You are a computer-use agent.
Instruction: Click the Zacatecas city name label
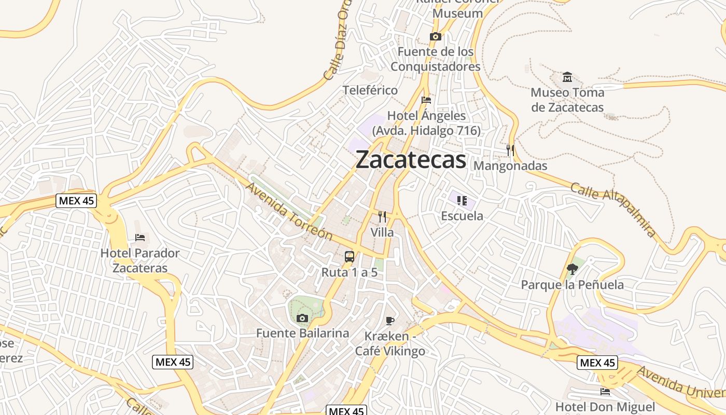pyautogui.click(x=411, y=160)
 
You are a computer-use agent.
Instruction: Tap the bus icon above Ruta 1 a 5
pyautogui.click(x=350, y=256)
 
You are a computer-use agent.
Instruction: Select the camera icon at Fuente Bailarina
pyautogui.click(x=302, y=318)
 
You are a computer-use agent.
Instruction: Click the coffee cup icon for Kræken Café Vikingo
pyautogui.click(x=390, y=321)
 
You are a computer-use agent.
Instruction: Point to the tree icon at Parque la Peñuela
pyautogui.click(x=573, y=269)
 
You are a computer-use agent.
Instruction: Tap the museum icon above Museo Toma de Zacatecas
pyautogui.click(x=567, y=77)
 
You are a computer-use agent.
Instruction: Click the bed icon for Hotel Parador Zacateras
pyautogui.click(x=140, y=238)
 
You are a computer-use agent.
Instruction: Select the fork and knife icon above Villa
pyautogui.click(x=382, y=217)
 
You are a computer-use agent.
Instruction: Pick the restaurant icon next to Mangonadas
pyautogui.click(x=510, y=150)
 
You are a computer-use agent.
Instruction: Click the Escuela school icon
pyautogui.click(x=462, y=200)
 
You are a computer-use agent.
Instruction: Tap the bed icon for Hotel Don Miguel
pyautogui.click(x=605, y=391)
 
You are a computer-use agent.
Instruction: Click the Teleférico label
pyautogui.click(x=370, y=90)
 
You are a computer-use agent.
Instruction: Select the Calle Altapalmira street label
pyautogui.click(x=613, y=209)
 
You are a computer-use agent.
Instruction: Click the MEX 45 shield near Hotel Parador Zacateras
pyautogui.click(x=76, y=201)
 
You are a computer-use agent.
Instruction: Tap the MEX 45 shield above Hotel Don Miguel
pyautogui.click(x=597, y=363)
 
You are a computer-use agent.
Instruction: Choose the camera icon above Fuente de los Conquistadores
pyautogui.click(x=436, y=36)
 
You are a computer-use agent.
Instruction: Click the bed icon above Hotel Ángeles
pyautogui.click(x=426, y=100)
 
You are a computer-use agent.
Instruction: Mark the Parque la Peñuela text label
pyautogui.click(x=572, y=285)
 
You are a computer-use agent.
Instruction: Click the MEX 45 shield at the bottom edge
pyautogui.click(x=346, y=411)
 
